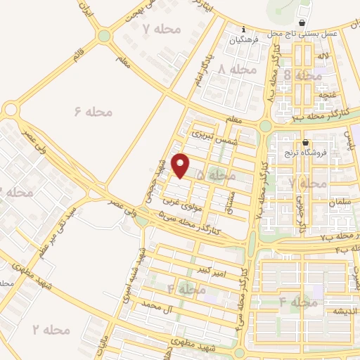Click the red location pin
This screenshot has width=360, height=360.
pyautogui.click(x=181, y=165)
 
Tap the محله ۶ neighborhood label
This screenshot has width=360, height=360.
pyautogui.click(x=94, y=110)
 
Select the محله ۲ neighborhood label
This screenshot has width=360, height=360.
pyautogui.click(x=52, y=328)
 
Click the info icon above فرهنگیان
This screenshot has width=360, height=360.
pyautogui.click(x=243, y=30)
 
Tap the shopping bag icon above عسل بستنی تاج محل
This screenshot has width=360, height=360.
pyautogui.click(x=304, y=22)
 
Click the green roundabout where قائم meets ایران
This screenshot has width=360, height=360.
pyautogui.click(x=105, y=35)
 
